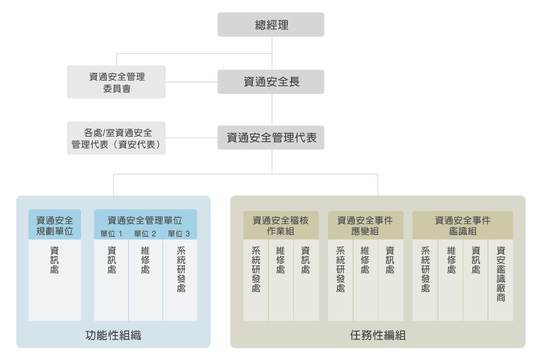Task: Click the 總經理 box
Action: coord(271,24)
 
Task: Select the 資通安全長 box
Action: coord(271,82)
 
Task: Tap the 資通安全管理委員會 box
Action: coord(116,82)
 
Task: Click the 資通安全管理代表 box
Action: coord(271,138)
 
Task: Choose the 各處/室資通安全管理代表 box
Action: coord(116,138)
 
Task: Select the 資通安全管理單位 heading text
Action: coord(145,221)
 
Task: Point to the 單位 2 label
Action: coord(145,234)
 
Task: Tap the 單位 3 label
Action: coord(179,234)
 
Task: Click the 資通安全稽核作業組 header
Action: coord(281,225)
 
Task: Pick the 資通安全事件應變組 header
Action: coord(365,225)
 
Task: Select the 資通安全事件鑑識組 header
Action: coord(462,225)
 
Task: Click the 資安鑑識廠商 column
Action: coord(500,274)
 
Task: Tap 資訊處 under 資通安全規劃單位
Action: coord(55,260)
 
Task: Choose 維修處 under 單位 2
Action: coord(145,260)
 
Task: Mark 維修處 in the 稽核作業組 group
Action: coord(281,260)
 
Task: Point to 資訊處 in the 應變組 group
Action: coord(390,260)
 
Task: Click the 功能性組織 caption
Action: coord(113,336)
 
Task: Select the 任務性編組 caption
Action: coord(377,336)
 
